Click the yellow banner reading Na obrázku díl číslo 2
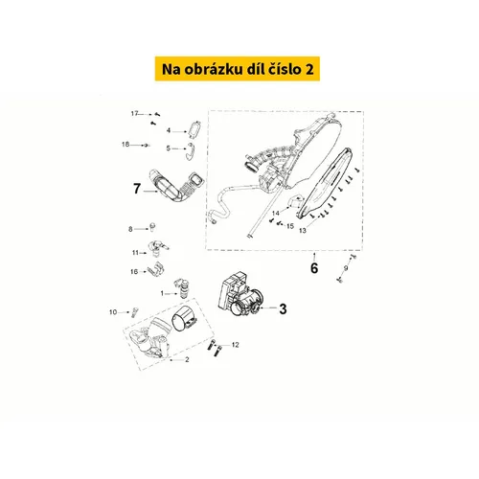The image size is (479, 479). pos(238,69)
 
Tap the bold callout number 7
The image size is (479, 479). pos(137,189)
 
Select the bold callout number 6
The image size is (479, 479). pos(314,268)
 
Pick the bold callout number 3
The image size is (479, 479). pos(283,308)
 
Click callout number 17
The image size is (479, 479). pos(134,113)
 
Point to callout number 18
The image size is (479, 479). pos(125,145)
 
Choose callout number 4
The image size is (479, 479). pos(169,130)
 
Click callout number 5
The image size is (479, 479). pos(169,148)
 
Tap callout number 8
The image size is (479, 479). pos(130,229)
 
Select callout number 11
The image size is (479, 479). pos(135,253)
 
